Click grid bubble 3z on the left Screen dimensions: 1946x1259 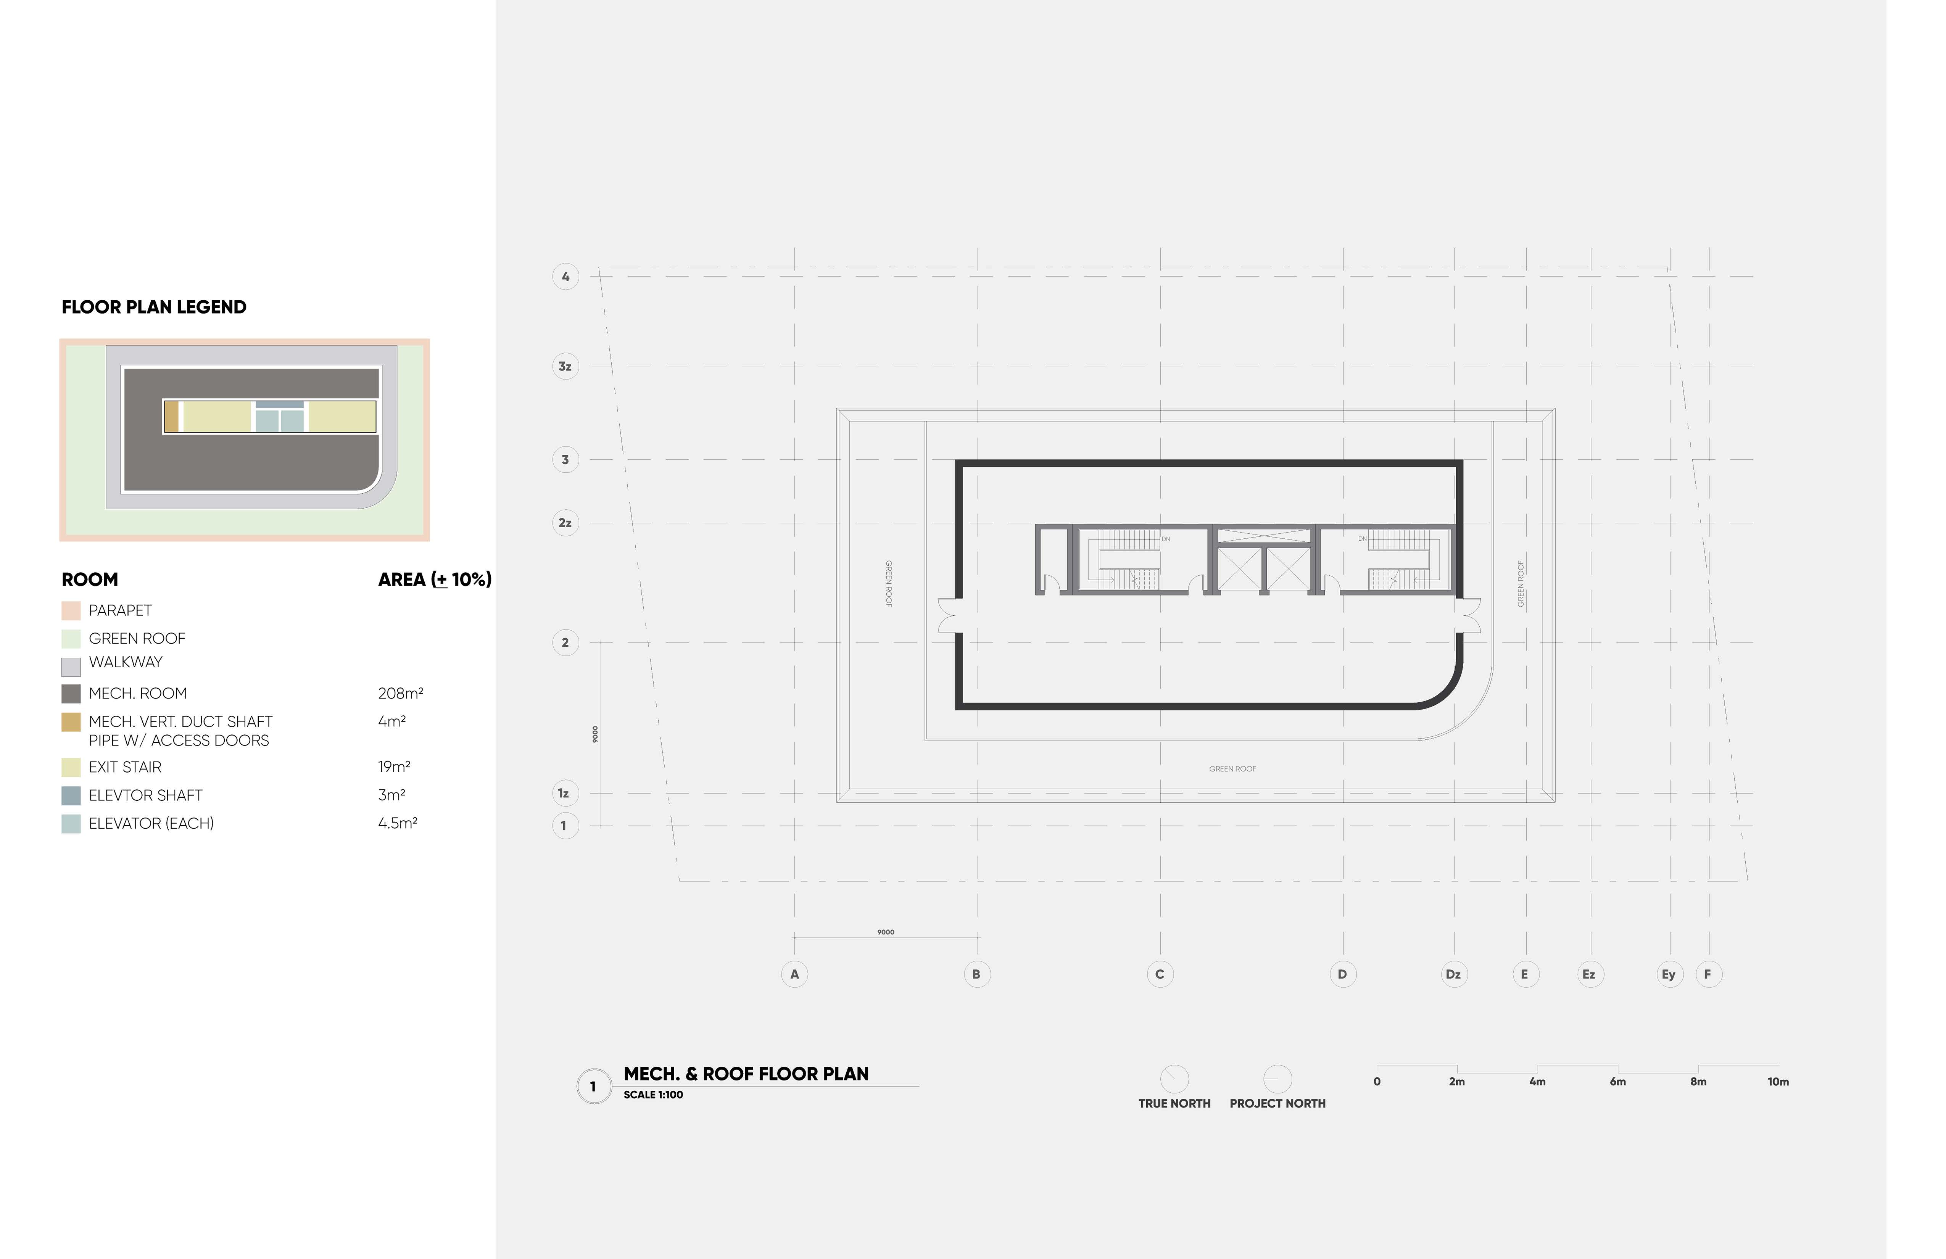565,366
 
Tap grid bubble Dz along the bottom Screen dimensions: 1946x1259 1453,974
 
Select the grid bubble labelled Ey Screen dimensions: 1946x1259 1669,974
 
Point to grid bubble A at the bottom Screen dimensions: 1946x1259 794,974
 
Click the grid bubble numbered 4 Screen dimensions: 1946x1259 565,276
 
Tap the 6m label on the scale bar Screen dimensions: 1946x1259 1617,1082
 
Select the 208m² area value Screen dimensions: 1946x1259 401,693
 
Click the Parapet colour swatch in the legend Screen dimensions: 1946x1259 71,611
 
